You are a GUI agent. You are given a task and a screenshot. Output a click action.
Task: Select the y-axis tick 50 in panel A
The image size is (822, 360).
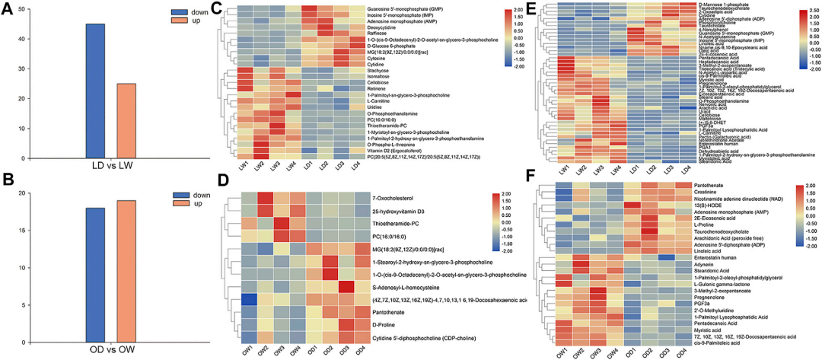24,10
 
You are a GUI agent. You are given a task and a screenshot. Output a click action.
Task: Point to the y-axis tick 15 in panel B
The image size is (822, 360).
24,244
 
